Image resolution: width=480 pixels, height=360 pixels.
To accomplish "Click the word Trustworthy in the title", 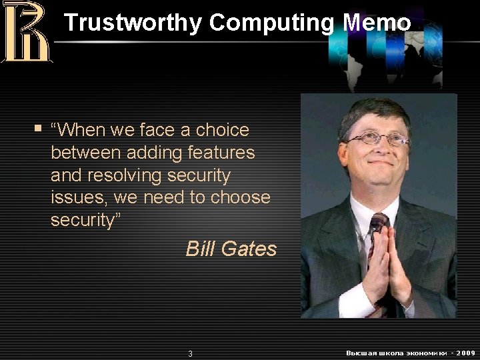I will coord(133,23).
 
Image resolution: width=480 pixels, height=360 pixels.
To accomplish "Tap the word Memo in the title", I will coord(377,23).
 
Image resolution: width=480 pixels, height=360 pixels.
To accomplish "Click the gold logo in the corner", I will coord(27,31).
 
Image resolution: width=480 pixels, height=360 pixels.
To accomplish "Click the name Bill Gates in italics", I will coord(231,249).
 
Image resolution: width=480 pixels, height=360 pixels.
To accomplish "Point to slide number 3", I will coord(190,353).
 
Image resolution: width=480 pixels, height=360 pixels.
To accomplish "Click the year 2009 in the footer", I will coord(464,352).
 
